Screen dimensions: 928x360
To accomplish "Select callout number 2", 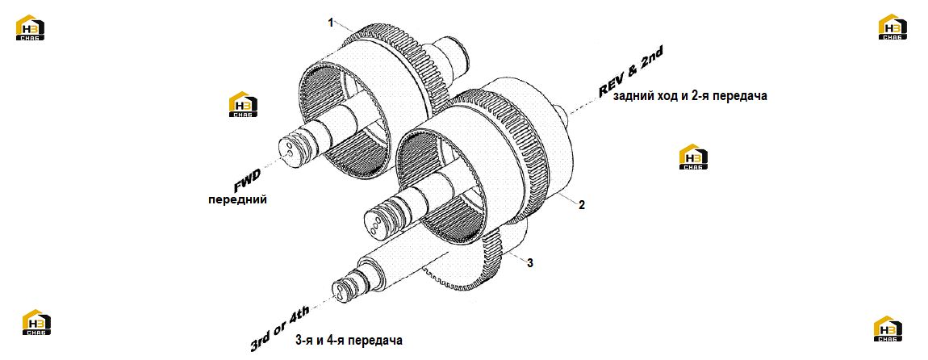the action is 582,206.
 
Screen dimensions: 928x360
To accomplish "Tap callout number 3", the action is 530,263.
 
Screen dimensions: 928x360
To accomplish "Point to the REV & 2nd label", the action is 629,73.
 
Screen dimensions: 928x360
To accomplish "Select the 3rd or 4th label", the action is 286,324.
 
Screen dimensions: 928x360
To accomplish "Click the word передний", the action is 237,200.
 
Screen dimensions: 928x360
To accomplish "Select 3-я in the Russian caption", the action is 303,341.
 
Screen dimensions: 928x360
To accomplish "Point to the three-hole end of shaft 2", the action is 374,224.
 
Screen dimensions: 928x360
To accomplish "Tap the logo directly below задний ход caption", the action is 694,157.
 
